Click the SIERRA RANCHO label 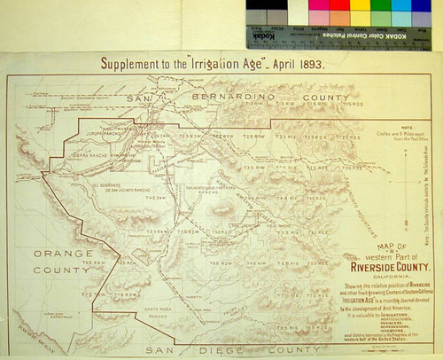point(92,153)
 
